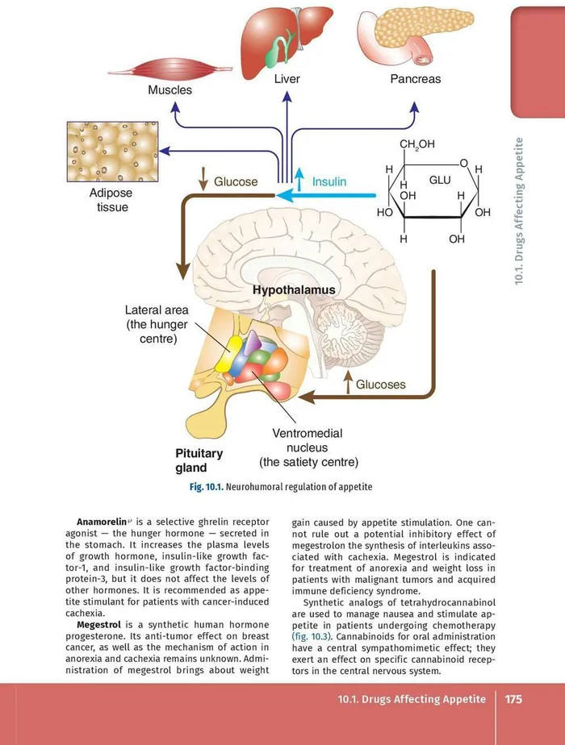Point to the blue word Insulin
pyautogui.click(x=329, y=182)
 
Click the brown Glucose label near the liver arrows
pyautogui.click(x=236, y=182)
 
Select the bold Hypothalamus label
pyautogui.click(x=294, y=289)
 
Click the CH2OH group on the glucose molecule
pyautogui.click(x=417, y=144)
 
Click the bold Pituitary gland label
pyautogui.click(x=199, y=460)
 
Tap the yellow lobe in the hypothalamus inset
pyautogui.click(x=228, y=352)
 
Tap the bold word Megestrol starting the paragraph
pyautogui.click(x=99, y=624)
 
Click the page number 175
pyautogui.click(x=514, y=698)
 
